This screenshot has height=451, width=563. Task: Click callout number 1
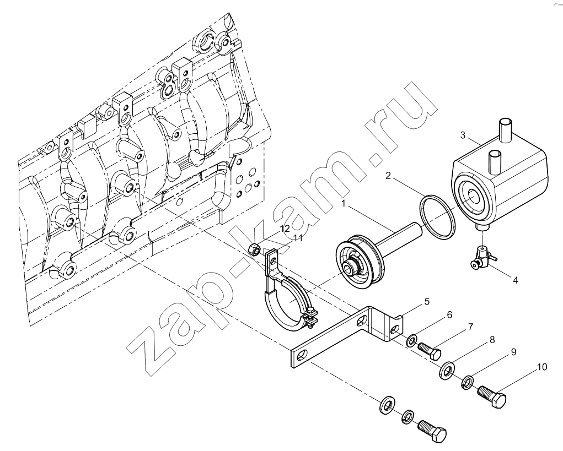pyautogui.click(x=343, y=204)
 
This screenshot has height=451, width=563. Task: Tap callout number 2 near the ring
pyautogui.click(x=388, y=175)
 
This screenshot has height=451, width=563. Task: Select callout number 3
pyautogui.click(x=463, y=135)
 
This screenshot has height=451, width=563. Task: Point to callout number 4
pyautogui.click(x=515, y=280)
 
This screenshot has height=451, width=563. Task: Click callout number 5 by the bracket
pyautogui.click(x=427, y=301)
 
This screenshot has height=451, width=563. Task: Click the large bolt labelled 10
pyautogui.click(x=491, y=395)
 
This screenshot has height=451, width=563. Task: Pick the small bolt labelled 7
pyautogui.click(x=429, y=351)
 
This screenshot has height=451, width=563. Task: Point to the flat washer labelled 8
pyautogui.click(x=447, y=370)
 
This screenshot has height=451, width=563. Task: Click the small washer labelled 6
pyautogui.click(x=411, y=340)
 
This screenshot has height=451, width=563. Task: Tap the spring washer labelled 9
pyautogui.click(x=467, y=382)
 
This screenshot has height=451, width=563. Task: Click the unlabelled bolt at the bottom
pyautogui.click(x=432, y=431)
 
